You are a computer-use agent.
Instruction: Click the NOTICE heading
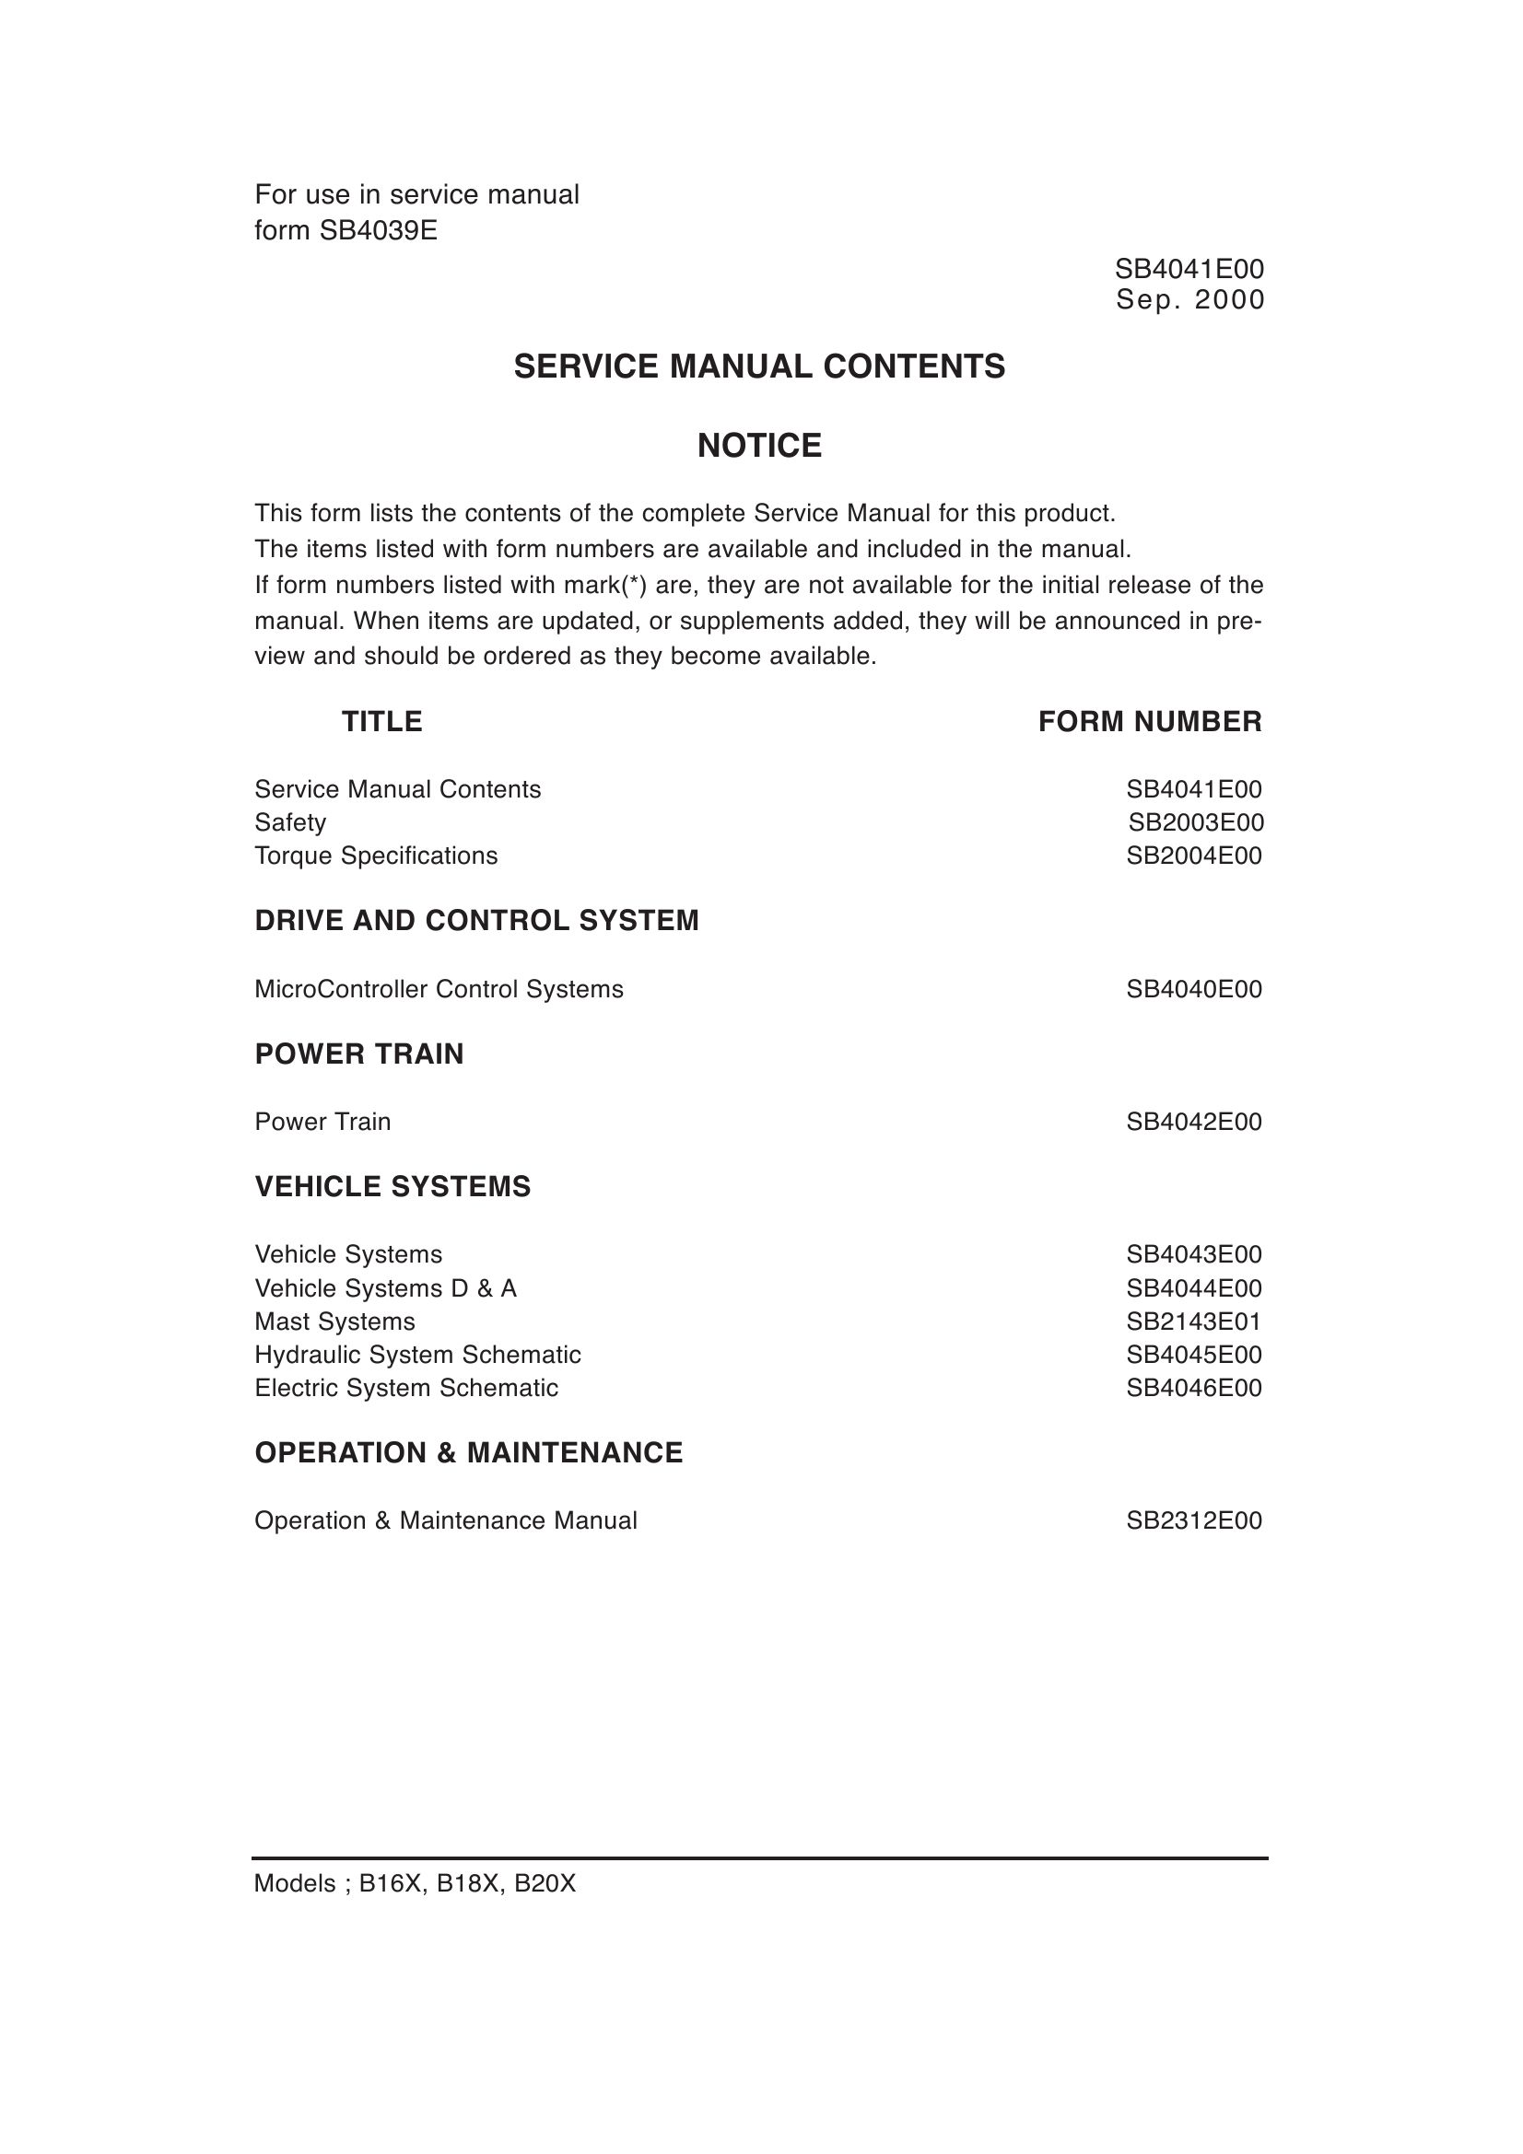[759, 446]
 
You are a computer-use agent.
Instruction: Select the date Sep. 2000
[1189, 300]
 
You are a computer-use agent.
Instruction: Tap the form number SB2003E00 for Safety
[1196, 822]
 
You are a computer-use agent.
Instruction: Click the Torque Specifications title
[375, 856]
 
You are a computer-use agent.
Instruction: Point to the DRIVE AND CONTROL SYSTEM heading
[476, 920]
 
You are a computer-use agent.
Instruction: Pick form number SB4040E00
[1194, 989]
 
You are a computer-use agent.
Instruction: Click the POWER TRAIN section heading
[359, 1054]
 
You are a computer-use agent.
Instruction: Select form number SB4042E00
[1194, 1121]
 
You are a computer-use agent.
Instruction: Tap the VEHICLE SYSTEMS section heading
[392, 1187]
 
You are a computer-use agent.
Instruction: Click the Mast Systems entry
[334, 1321]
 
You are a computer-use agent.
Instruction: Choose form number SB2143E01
[1194, 1321]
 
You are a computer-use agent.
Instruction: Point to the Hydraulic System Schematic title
[417, 1355]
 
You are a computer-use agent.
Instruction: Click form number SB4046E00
[1194, 1388]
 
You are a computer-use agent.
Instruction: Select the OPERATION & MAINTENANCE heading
[468, 1452]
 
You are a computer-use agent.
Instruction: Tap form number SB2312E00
[1194, 1519]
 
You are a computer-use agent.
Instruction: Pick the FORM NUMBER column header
[1150, 721]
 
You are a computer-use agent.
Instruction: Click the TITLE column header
[382, 721]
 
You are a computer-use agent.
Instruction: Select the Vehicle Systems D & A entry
[385, 1288]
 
